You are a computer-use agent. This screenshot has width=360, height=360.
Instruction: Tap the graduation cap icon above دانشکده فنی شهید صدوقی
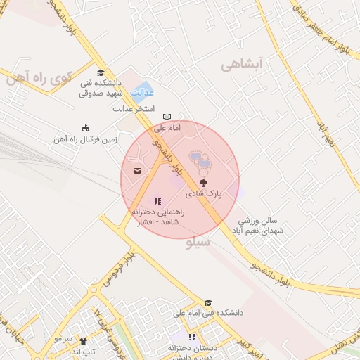click(x=101, y=72)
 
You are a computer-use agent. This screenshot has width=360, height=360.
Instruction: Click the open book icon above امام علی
click(x=167, y=117)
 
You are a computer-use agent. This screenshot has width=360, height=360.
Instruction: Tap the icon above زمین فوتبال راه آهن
click(x=86, y=128)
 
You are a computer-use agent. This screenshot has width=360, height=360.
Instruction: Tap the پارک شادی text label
click(x=204, y=191)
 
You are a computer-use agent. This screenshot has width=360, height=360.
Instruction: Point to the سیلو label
click(x=199, y=244)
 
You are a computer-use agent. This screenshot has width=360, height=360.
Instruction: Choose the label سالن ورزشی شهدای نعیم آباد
click(x=261, y=226)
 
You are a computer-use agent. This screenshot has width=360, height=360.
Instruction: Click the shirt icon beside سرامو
click(x=83, y=339)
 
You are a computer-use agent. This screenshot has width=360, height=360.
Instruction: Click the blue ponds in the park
click(x=202, y=163)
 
